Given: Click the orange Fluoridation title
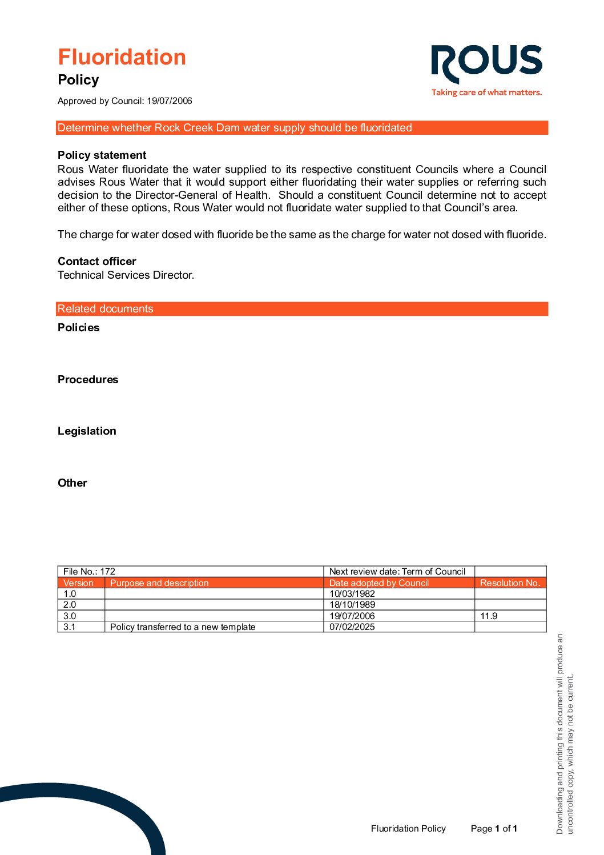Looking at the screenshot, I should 122,57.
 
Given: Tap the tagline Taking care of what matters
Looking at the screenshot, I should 486,92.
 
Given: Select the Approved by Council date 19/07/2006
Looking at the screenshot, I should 169,101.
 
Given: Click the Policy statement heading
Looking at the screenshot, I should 102,155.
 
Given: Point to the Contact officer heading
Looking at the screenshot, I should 97,261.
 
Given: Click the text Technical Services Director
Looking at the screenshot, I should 126,275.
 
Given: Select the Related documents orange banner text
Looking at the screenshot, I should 106,309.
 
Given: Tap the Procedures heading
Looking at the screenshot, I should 88,379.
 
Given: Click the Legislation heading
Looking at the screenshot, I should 87,431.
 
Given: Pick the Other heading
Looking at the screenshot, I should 73,483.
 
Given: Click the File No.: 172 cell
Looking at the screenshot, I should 89,571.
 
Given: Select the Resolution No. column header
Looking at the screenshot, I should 509,583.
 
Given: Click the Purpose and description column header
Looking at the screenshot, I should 159,583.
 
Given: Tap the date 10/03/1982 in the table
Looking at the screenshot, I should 352,593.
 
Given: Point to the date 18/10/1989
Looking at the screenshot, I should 352,604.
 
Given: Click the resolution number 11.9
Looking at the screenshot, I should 489,616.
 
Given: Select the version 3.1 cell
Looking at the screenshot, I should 70,627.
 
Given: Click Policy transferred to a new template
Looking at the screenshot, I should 183,627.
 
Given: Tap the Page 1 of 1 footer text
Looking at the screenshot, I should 494,828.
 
